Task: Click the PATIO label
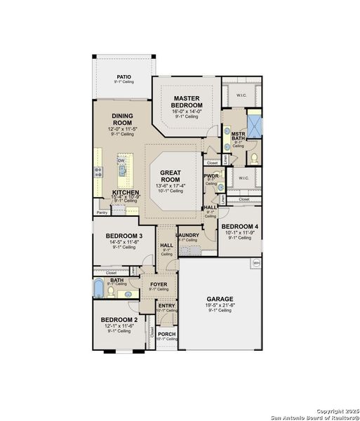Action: pos(124,77)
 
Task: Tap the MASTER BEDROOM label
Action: pos(187,101)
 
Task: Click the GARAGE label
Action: pos(219,299)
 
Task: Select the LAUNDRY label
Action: pos(187,235)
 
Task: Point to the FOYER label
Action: pos(159,284)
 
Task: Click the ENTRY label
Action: pos(166,305)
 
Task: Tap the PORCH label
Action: pos(166,334)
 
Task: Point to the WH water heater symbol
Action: pos(256,262)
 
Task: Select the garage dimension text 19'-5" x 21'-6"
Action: pos(219,305)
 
